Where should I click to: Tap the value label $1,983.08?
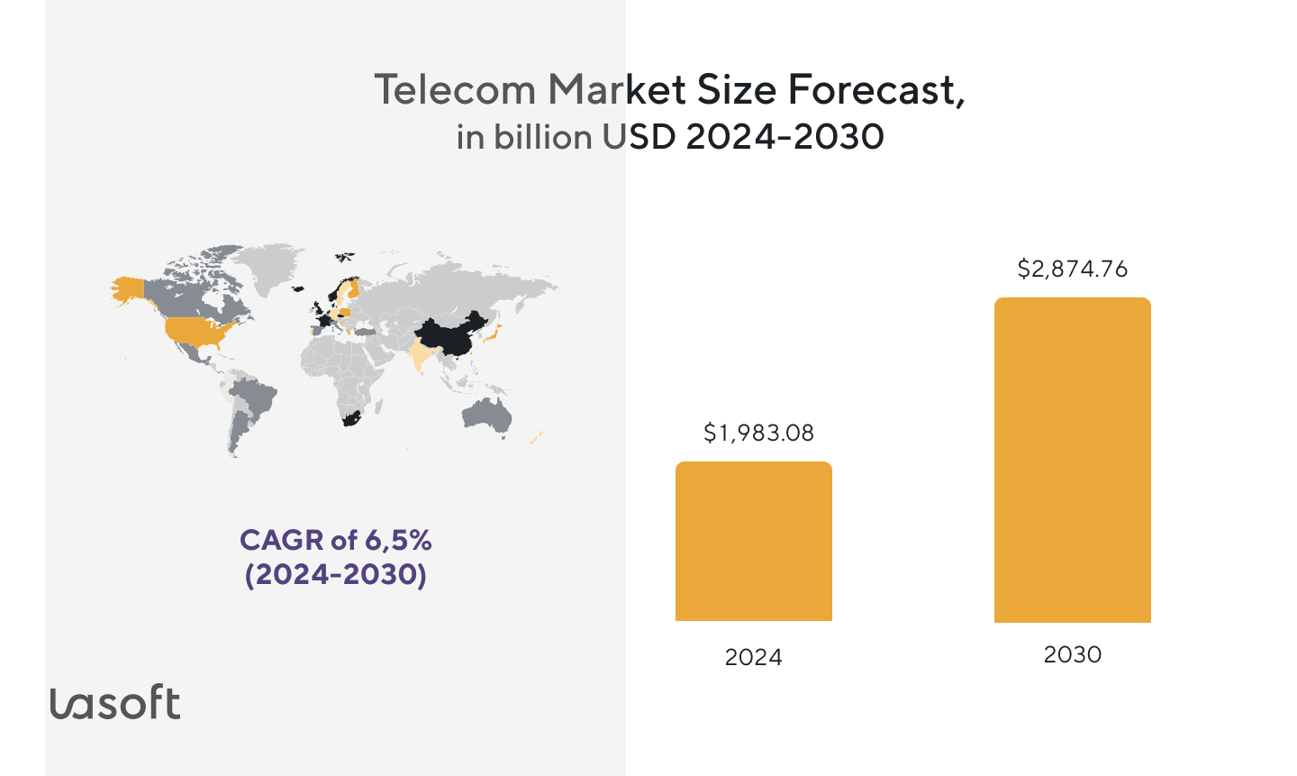coord(758,434)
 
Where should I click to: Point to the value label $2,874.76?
coord(1072,269)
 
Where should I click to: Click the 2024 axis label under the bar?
coord(753,657)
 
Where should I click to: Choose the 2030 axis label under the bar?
coord(1072,654)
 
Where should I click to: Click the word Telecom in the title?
coord(456,90)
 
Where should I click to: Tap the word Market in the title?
coord(612,90)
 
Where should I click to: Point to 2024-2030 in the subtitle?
coord(785,137)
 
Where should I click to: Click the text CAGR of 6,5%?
coord(335,540)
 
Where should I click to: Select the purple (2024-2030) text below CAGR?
coord(335,574)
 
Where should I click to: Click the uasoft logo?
coord(114,702)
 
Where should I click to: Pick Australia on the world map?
coord(486,415)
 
